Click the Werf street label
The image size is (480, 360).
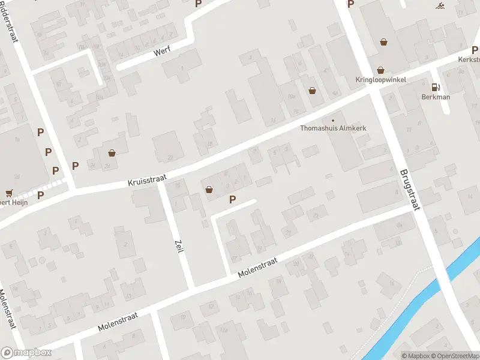click(x=162, y=51)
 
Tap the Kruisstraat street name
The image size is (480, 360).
click(x=146, y=179)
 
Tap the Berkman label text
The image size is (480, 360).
click(x=435, y=97)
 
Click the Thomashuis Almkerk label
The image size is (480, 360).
click(x=333, y=128)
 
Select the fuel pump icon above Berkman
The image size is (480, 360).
click(x=435, y=87)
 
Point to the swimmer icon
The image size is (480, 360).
click(x=441, y=7)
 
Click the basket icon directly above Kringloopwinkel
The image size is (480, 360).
click(x=380, y=70)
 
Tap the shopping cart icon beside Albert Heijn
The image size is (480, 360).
click(x=8, y=193)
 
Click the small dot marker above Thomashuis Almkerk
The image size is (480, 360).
click(x=333, y=120)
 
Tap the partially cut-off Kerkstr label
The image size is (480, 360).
click(x=469, y=59)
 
